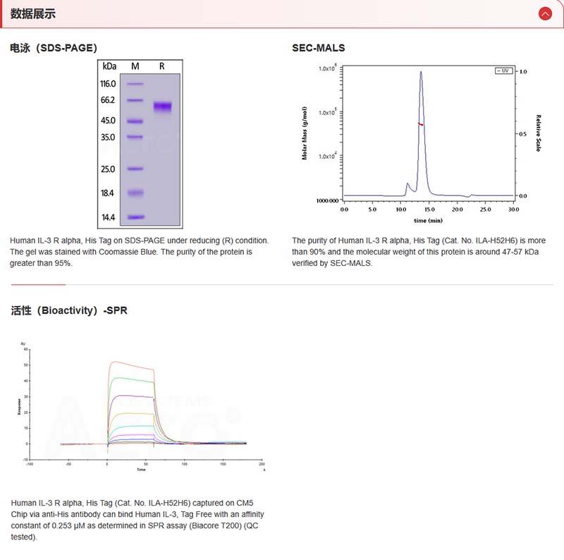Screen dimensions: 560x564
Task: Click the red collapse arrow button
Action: tap(544, 13)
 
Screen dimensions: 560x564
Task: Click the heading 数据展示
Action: tap(32, 13)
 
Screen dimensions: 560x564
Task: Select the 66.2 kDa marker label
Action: tap(108, 100)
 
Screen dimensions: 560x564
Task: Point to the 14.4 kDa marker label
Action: tap(108, 217)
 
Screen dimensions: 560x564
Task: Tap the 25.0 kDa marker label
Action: tap(108, 169)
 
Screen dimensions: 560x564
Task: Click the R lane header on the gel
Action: tap(162, 66)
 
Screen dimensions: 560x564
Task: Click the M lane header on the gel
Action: tap(135, 66)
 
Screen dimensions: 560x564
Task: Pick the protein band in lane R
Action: tap(163, 106)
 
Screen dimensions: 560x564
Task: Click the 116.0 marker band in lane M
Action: tap(135, 83)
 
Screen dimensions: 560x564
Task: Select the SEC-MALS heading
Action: tap(319, 48)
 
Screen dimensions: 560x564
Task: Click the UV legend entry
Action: tap(503, 71)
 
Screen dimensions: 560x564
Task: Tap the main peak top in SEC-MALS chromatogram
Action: tap(421, 71)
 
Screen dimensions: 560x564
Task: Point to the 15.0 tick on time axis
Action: tap(429, 209)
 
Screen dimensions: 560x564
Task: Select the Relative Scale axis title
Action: tap(538, 133)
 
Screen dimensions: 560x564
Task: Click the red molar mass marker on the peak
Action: tap(421, 124)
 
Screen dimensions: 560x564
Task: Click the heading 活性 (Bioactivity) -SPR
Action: tap(69, 310)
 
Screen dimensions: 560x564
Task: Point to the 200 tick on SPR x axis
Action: tap(262, 464)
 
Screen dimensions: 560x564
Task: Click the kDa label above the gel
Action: tap(109, 66)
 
